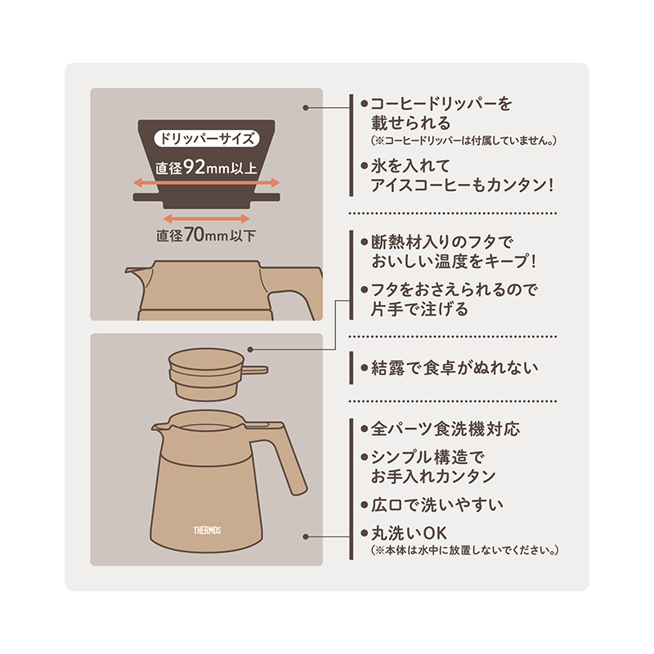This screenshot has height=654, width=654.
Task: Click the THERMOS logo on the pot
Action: pyautogui.click(x=207, y=530)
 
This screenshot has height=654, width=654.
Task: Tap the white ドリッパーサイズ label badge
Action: pyautogui.click(x=207, y=138)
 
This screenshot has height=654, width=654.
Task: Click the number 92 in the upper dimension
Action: pyautogui.click(x=194, y=167)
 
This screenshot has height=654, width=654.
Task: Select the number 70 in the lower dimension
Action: pyautogui.click(x=195, y=235)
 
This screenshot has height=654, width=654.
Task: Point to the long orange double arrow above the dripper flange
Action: pyautogui.click(x=207, y=182)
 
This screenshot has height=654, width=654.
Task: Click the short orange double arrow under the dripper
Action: pyautogui.click(x=207, y=218)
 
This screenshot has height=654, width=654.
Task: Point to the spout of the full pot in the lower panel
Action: pyautogui.click(x=158, y=428)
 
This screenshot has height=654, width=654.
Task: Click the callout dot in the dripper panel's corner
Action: pyautogui.click(x=306, y=108)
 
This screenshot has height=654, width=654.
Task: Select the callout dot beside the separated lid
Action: pyautogui.click(x=250, y=349)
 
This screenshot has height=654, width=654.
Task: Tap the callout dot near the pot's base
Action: pyautogui.click(x=306, y=537)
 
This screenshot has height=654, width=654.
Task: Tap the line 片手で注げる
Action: pyautogui.click(x=419, y=309)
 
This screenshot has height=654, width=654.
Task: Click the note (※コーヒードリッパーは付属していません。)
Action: pyautogui.click(x=464, y=141)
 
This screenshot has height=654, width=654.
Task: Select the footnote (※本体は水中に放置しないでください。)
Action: pyautogui.click(x=464, y=550)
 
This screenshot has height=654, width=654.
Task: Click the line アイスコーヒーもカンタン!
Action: pyautogui.click(x=462, y=185)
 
